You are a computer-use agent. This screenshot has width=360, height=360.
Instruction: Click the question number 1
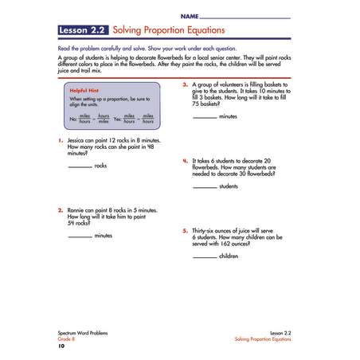pos(61,140)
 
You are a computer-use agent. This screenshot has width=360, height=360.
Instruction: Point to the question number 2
pos(61,210)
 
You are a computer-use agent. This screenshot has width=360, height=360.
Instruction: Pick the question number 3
pos(185,83)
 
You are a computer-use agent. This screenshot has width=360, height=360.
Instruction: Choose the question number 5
pos(185,230)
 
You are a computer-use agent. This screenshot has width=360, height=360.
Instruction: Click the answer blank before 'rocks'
pos(80,166)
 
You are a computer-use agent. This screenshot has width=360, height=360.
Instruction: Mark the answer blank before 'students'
pos(204,186)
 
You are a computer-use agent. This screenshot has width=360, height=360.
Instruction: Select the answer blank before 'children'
pos(204,256)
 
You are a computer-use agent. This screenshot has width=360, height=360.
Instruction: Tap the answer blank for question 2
pos(80,237)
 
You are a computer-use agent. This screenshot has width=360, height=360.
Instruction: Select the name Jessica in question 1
pos(78,140)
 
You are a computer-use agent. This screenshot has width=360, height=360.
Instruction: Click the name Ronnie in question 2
pos(78,210)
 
